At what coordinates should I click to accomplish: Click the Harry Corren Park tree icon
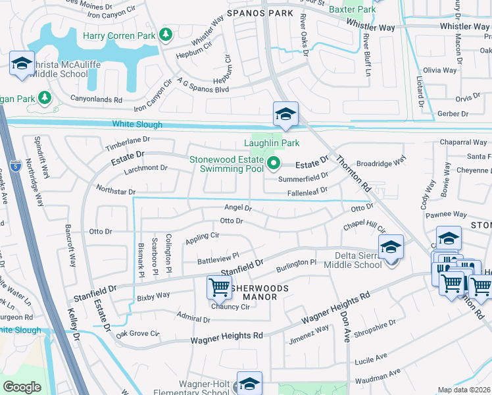pyautogui.click(x=166, y=34)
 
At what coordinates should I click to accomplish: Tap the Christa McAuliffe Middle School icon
pyautogui.click(x=22, y=64)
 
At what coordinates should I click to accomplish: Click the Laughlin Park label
pyautogui.click(x=272, y=143)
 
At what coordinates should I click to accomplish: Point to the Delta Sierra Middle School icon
pyautogui.click(x=391, y=248)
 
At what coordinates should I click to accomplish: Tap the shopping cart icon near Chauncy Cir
pyautogui.click(x=219, y=287)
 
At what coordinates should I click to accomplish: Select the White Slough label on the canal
pyautogui.click(x=137, y=124)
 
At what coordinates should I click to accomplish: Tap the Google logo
pyautogui.click(x=22, y=387)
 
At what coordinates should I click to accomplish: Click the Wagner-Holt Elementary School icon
pyautogui.click(x=250, y=383)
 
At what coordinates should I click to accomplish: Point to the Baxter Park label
pyautogui.click(x=353, y=9)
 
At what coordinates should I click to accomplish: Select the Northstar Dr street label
pyautogui.click(x=116, y=192)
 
